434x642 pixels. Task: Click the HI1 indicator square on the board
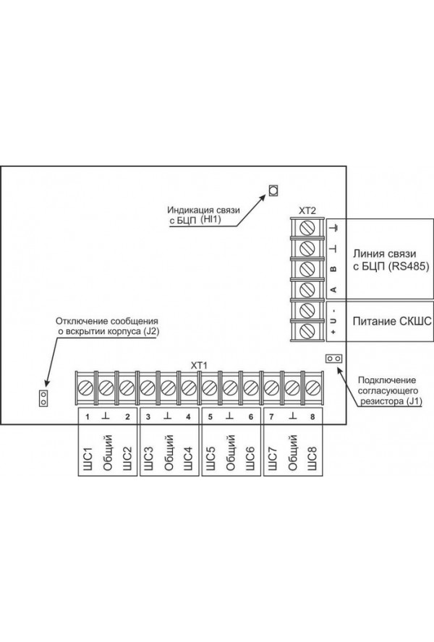(274, 190)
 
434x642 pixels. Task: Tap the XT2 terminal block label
(307, 210)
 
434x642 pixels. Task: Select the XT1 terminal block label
(199, 365)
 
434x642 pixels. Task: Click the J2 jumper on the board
(43, 397)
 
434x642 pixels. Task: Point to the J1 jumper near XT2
(333, 359)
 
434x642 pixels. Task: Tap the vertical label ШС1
(87, 461)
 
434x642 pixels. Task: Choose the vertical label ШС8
(313, 461)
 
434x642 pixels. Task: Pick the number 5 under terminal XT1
(210, 417)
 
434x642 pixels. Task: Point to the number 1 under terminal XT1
(87, 417)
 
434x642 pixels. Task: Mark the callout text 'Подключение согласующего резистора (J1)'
(388, 390)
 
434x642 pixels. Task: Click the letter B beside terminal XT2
(333, 269)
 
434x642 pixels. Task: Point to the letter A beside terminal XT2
(333, 290)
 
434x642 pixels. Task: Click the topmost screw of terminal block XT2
(307, 228)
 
